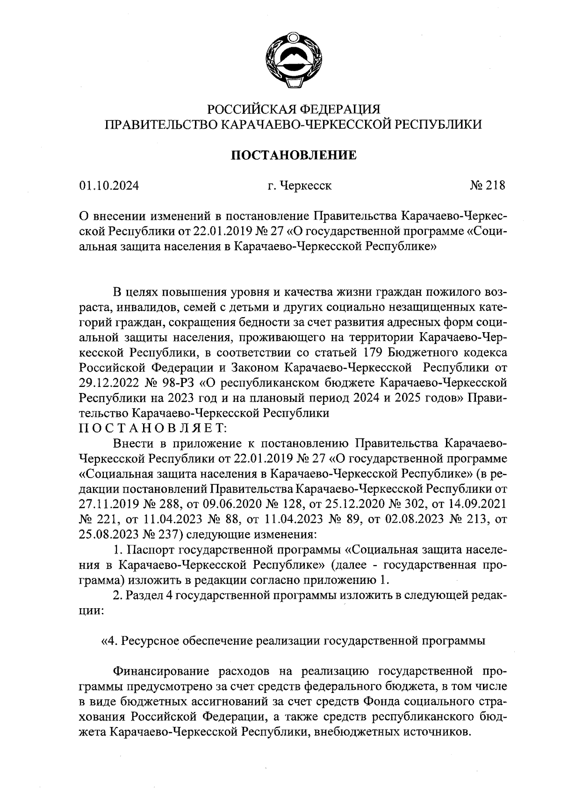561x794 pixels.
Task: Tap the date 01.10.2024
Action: click(x=109, y=186)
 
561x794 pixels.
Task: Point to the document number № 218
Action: click(x=487, y=186)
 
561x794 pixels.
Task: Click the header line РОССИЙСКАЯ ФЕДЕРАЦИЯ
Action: click(x=294, y=109)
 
